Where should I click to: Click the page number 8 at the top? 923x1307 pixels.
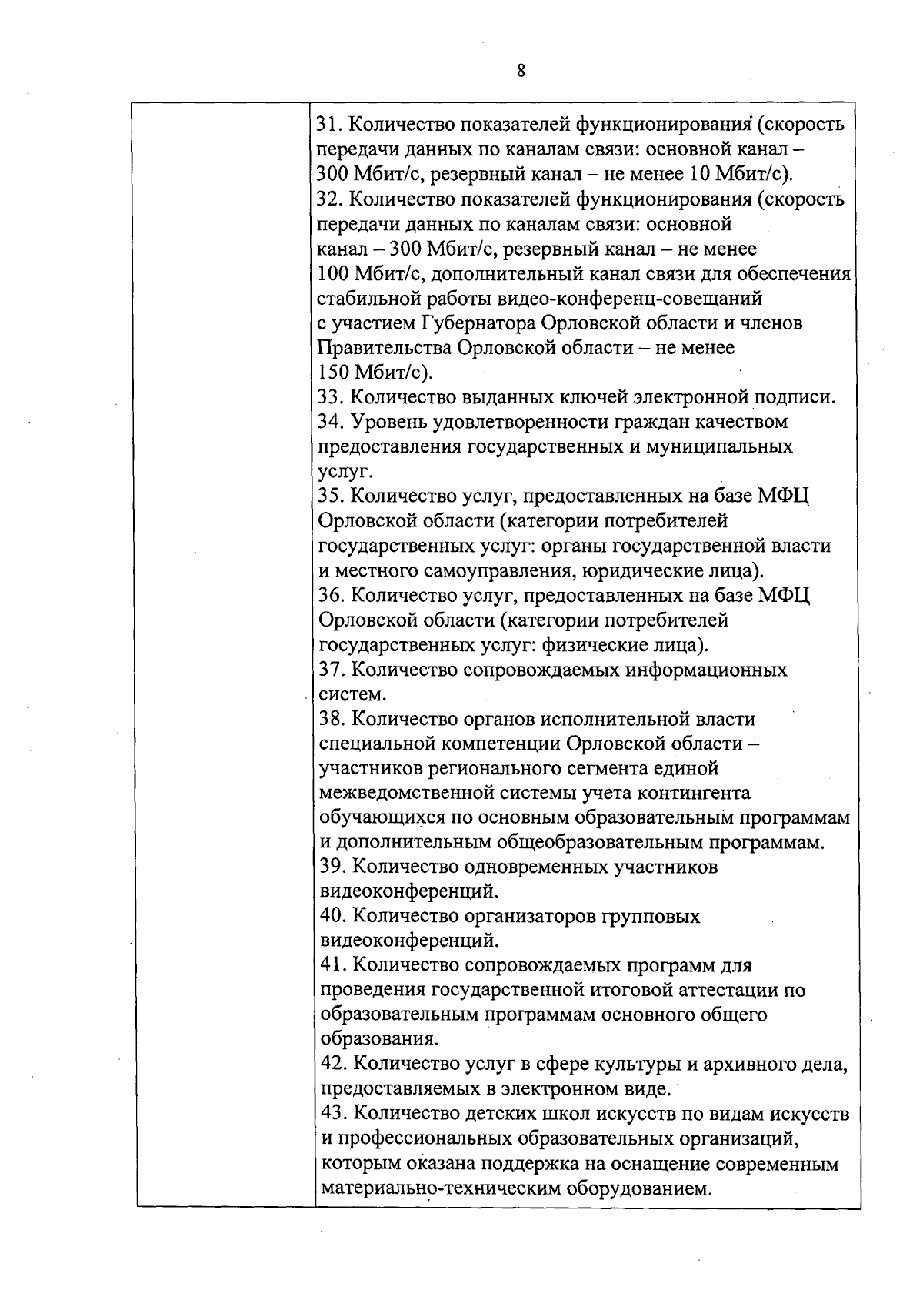[x=521, y=72]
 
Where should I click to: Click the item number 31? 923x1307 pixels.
[x=330, y=125]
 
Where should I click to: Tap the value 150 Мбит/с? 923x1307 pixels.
[x=375, y=373]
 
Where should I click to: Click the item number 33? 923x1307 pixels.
[x=332, y=398]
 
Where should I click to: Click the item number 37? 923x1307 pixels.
[x=332, y=670]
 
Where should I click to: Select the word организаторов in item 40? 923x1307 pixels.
[x=527, y=917]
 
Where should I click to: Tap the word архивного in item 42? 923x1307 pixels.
[x=745, y=1065]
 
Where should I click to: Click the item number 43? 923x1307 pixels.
[x=332, y=1115]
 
